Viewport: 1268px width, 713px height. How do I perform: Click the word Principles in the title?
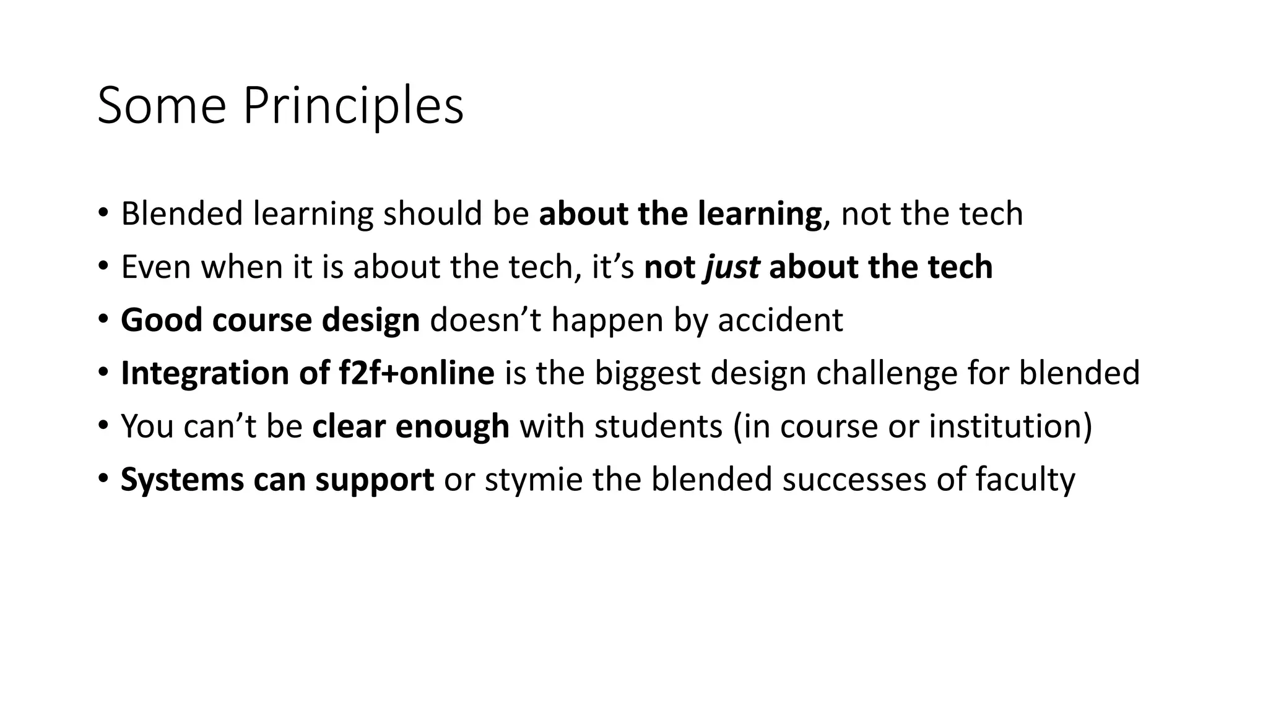point(353,106)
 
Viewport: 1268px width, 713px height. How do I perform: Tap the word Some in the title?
point(162,106)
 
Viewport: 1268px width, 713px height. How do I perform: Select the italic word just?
point(732,267)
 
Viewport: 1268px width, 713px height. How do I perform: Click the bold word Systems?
point(182,480)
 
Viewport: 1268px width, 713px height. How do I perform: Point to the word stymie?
point(533,480)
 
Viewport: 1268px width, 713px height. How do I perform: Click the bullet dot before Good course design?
point(103,319)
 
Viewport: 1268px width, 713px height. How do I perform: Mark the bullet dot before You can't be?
point(103,426)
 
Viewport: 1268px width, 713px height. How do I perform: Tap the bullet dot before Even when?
point(103,266)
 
